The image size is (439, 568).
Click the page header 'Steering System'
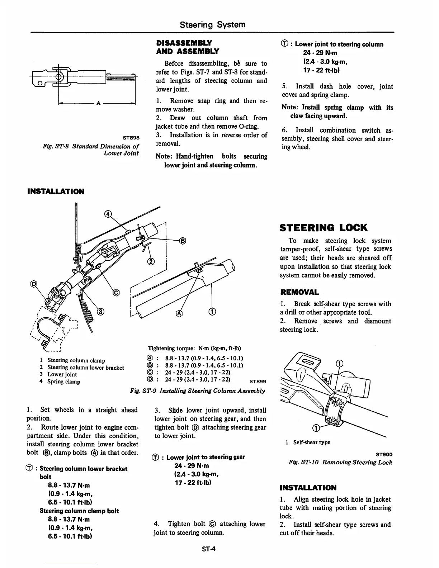[x=212, y=24]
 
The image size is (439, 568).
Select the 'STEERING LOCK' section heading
[x=324, y=228]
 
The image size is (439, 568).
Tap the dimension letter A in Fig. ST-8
[x=97, y=103]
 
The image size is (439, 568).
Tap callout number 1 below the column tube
[x=212, y=311]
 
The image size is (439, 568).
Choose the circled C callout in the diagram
[x=116, y=293]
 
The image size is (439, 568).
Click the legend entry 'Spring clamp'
[x=63, y=382]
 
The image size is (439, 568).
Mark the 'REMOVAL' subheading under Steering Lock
[x=299, y=292]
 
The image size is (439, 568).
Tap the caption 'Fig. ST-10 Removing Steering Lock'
[x=340, y=462]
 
